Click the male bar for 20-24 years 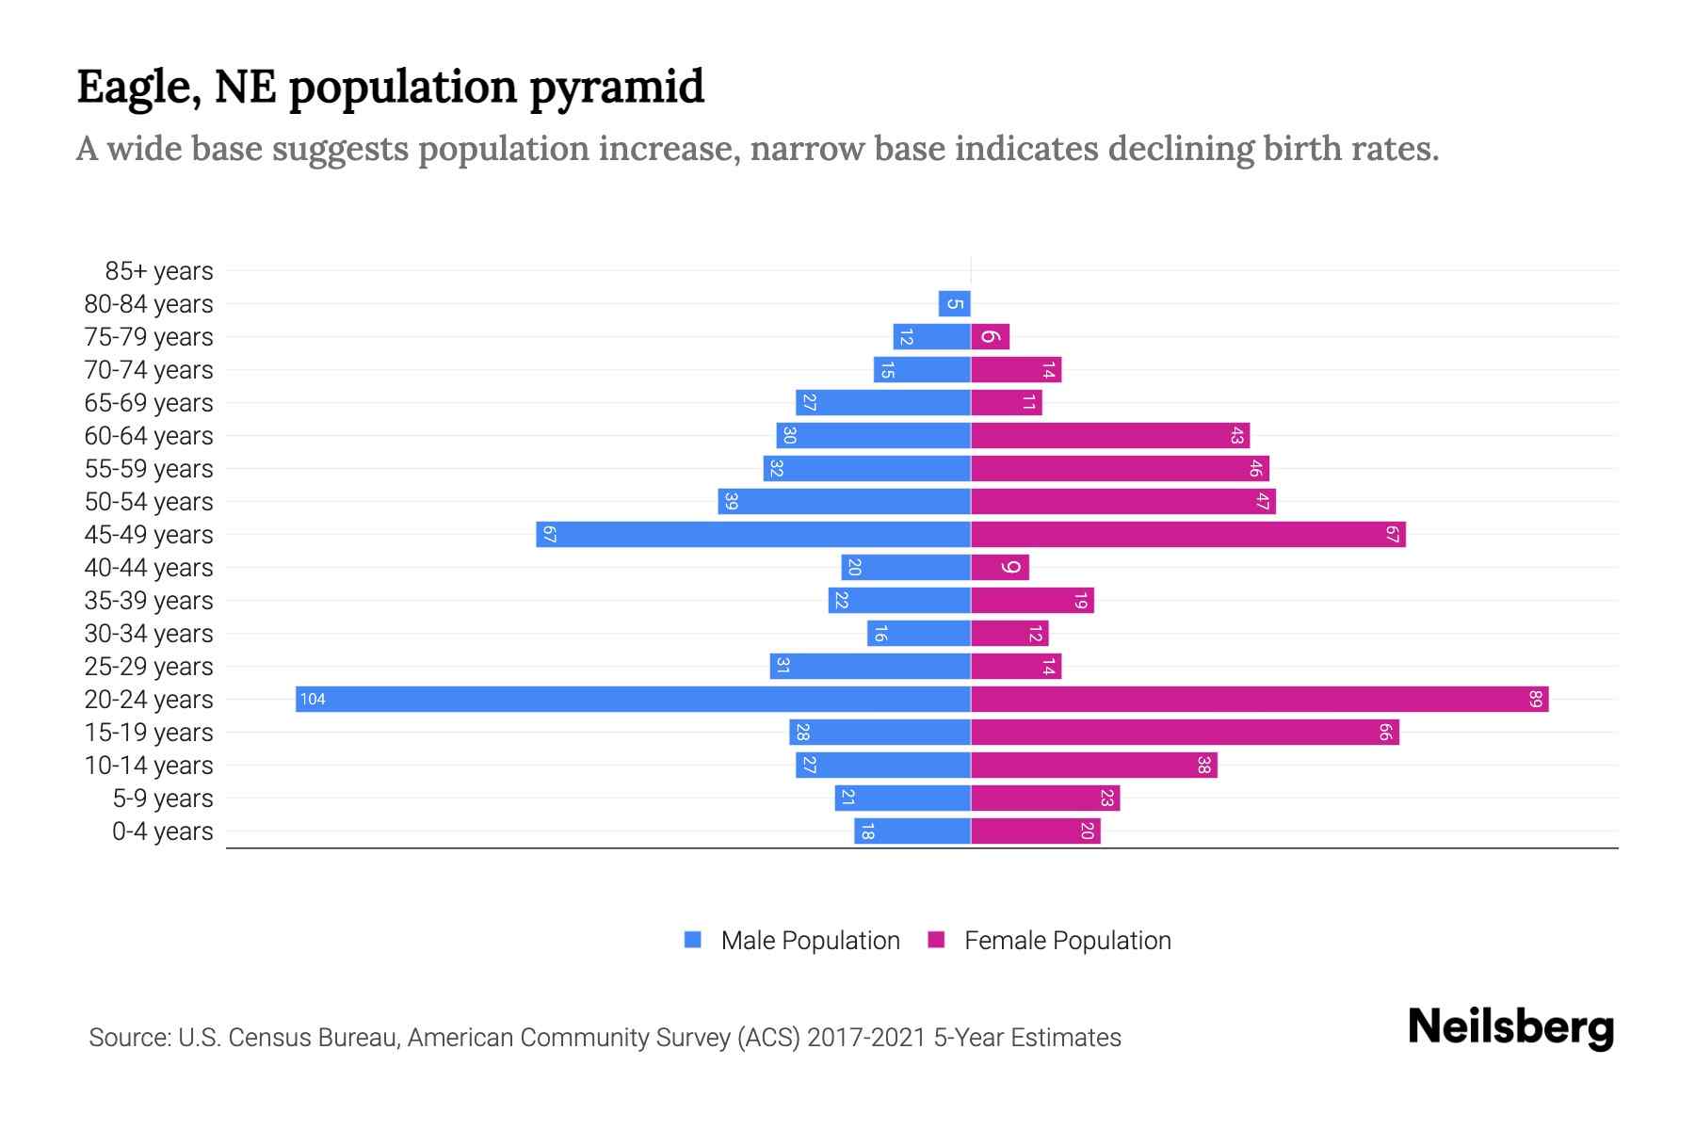(x=633, y=699)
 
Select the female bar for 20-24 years (x=1259, y=699)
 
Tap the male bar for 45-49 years (x=753, y=534)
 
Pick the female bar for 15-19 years (x=1185, y=732)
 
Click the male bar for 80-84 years (x=954, y=303)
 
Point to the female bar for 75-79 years (x=990, y=336)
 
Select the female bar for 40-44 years (x=1000, y=567)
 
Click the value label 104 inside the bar (x=313, y=699)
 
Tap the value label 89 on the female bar (x=1535, y=699)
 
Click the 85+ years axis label (x=159, y=271)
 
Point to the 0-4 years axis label (x=163, y=831)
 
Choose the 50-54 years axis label (x=149, y=502)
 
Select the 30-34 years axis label (x=149, y=634)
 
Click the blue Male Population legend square (x=693, y=940)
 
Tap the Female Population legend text (x=1067, y=941)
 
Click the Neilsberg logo (x=1510, y=1027)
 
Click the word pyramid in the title (x=616, y=88)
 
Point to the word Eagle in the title (x=137, y=88)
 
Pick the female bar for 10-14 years (x=1093, y=765)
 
